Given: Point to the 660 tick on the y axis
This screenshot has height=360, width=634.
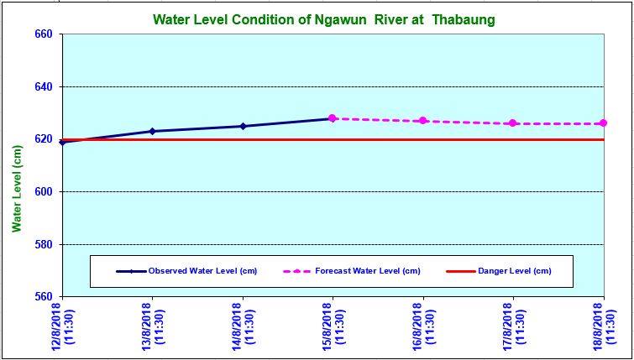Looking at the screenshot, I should pyautogui.click(x=43, y=34).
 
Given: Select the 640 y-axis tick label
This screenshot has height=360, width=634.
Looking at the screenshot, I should pyautogui.click(x=43, y=87).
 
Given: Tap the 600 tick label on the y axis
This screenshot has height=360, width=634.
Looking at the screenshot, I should pyautogui.click(x=43, y=192).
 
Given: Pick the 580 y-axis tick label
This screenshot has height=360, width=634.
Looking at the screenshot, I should pyautogui.click(x=43, y=244).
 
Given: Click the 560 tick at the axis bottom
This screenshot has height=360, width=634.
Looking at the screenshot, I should pyautogui.click(x=43, y=297).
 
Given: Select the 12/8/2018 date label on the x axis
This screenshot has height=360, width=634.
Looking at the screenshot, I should pyautogui.click(x=62, y=327).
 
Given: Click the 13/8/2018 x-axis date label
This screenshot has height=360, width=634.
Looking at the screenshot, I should pyautogui.click(x=152, y=327).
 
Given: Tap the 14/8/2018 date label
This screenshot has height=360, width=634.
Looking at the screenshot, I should pyautogui.click(x=243, y=327).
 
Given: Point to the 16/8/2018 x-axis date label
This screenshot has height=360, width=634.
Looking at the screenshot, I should pyautogui.click(x=423, y=327).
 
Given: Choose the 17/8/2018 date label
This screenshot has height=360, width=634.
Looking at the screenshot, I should pyautogui.click(x=513, y=327).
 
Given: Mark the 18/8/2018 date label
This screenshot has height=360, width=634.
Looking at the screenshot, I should pyautogui.click(x=603, y=327).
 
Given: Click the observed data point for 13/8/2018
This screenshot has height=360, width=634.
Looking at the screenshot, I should pyautogui.click(x=152, y=131).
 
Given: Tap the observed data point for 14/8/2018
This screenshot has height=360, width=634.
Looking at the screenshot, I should pyautogui.click(x=243, y=126).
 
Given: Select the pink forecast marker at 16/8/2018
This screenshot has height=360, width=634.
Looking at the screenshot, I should pyautogui.click(x=423, y=121).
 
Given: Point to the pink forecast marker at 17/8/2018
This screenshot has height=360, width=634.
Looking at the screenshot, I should pyautogui.click(x=513, y=123).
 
